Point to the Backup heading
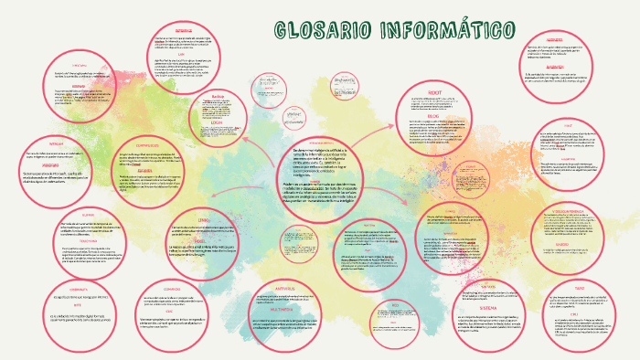tap(217, 96)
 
